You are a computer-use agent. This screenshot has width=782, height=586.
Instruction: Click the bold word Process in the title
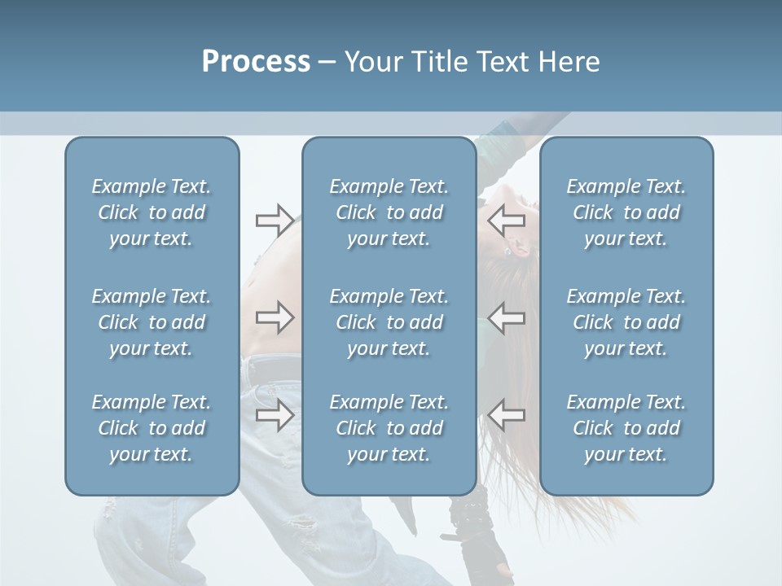256,62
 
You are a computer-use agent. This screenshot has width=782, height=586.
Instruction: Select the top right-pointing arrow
275,220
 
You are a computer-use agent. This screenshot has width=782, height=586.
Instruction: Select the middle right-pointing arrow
275,317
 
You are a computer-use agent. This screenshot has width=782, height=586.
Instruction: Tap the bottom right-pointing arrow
275,415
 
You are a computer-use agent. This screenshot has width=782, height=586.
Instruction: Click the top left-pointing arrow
507,220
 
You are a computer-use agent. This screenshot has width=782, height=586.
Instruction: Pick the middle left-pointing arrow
507,317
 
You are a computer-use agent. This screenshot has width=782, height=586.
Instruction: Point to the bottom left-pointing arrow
507,415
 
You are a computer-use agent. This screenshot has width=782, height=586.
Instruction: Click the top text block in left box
152,212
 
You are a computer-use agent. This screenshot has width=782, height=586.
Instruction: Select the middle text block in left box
152,322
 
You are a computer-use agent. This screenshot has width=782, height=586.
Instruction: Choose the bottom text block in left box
152,428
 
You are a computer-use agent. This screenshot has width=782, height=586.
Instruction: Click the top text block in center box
389,212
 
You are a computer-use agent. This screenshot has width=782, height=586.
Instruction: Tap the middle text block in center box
389,322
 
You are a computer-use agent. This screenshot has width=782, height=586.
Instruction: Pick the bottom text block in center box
389,428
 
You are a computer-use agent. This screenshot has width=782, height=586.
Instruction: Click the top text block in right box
626,212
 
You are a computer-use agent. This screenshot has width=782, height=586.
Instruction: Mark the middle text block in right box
626,322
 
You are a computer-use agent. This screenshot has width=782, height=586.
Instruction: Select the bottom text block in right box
626,428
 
